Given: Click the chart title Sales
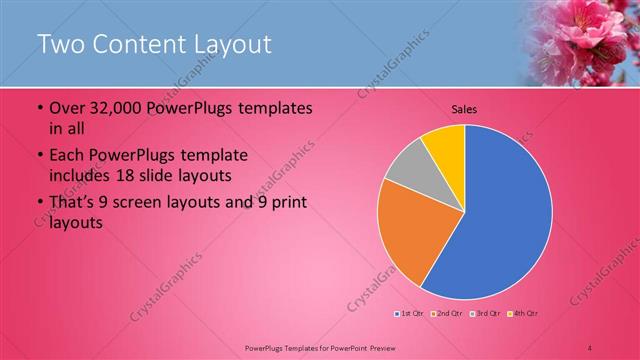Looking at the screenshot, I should (463, 109).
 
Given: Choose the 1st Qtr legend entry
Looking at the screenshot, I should (409, 314).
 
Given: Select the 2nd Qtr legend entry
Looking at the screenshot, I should (445, 314).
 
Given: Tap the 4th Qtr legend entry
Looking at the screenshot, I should (520, 314).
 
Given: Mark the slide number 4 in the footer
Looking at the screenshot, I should (591, 346).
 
